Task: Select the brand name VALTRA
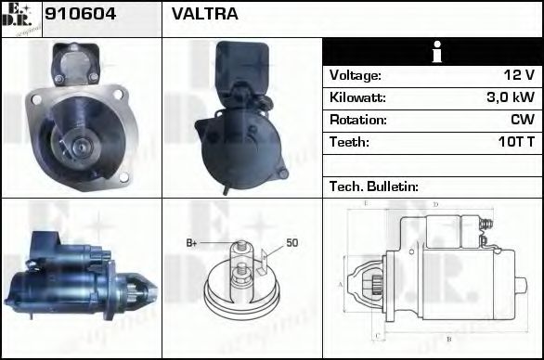(204, 15)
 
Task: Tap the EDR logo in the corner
(20, 19)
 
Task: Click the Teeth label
(349, 143)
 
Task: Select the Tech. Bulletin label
(373, 186)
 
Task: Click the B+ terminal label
(192, 243)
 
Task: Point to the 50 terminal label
(291, 243)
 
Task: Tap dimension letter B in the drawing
(448, 340)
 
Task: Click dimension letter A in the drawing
(341, 284)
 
